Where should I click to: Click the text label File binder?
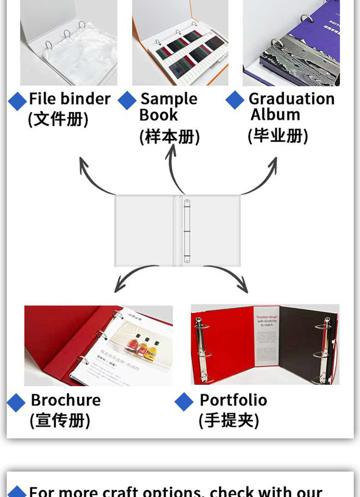(70, 99)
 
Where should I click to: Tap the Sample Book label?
(168, 107)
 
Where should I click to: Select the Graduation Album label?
(291, 106)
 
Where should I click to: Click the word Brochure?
(66, 400)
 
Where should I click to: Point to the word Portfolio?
(233, 400)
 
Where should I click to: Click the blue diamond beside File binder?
(17, 101)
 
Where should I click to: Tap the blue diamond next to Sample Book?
(127, 101)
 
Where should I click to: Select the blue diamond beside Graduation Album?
(235, 100)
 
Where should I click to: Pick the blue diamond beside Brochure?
(16, 403)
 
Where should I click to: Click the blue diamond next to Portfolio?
(184, 402)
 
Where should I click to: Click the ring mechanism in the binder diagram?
(187, 231)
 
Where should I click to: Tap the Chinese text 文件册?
(58, 119)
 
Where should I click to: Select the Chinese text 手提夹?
(229, 421)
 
